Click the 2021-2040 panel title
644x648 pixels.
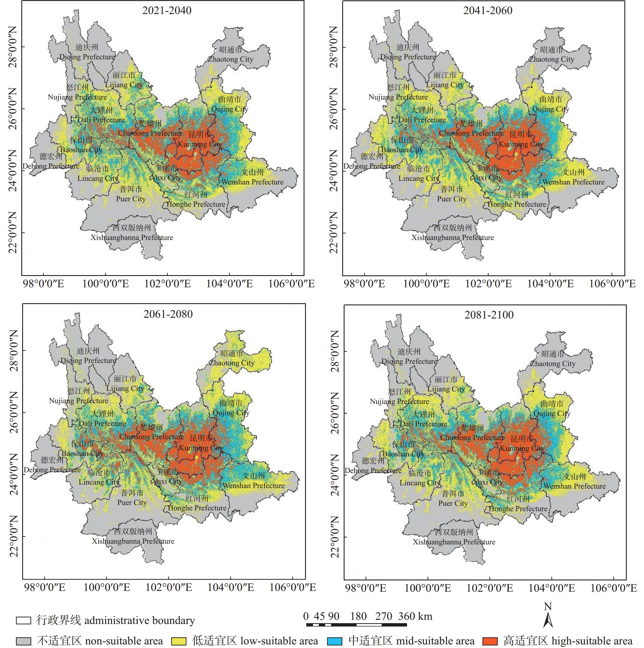point(167,10)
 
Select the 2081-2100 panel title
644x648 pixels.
point(489,315)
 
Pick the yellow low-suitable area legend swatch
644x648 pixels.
point(178,640)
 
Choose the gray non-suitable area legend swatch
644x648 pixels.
point(24,640)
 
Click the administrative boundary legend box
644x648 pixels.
point(24,620)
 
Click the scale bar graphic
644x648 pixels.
point(356,624)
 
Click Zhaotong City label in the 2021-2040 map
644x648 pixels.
point(231,59)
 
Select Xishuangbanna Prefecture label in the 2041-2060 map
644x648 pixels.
point(453,237)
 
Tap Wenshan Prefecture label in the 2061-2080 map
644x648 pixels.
point(253,485)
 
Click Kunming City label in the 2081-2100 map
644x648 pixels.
point(522,448)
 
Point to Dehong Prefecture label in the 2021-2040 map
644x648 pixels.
point(51,166)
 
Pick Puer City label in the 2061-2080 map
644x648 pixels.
point(132,502)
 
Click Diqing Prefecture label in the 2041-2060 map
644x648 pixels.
point(408,57)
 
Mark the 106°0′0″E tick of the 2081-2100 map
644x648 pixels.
point(613,588)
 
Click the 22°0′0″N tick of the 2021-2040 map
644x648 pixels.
point(13,233)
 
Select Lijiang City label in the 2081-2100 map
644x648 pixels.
point(446,389)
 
